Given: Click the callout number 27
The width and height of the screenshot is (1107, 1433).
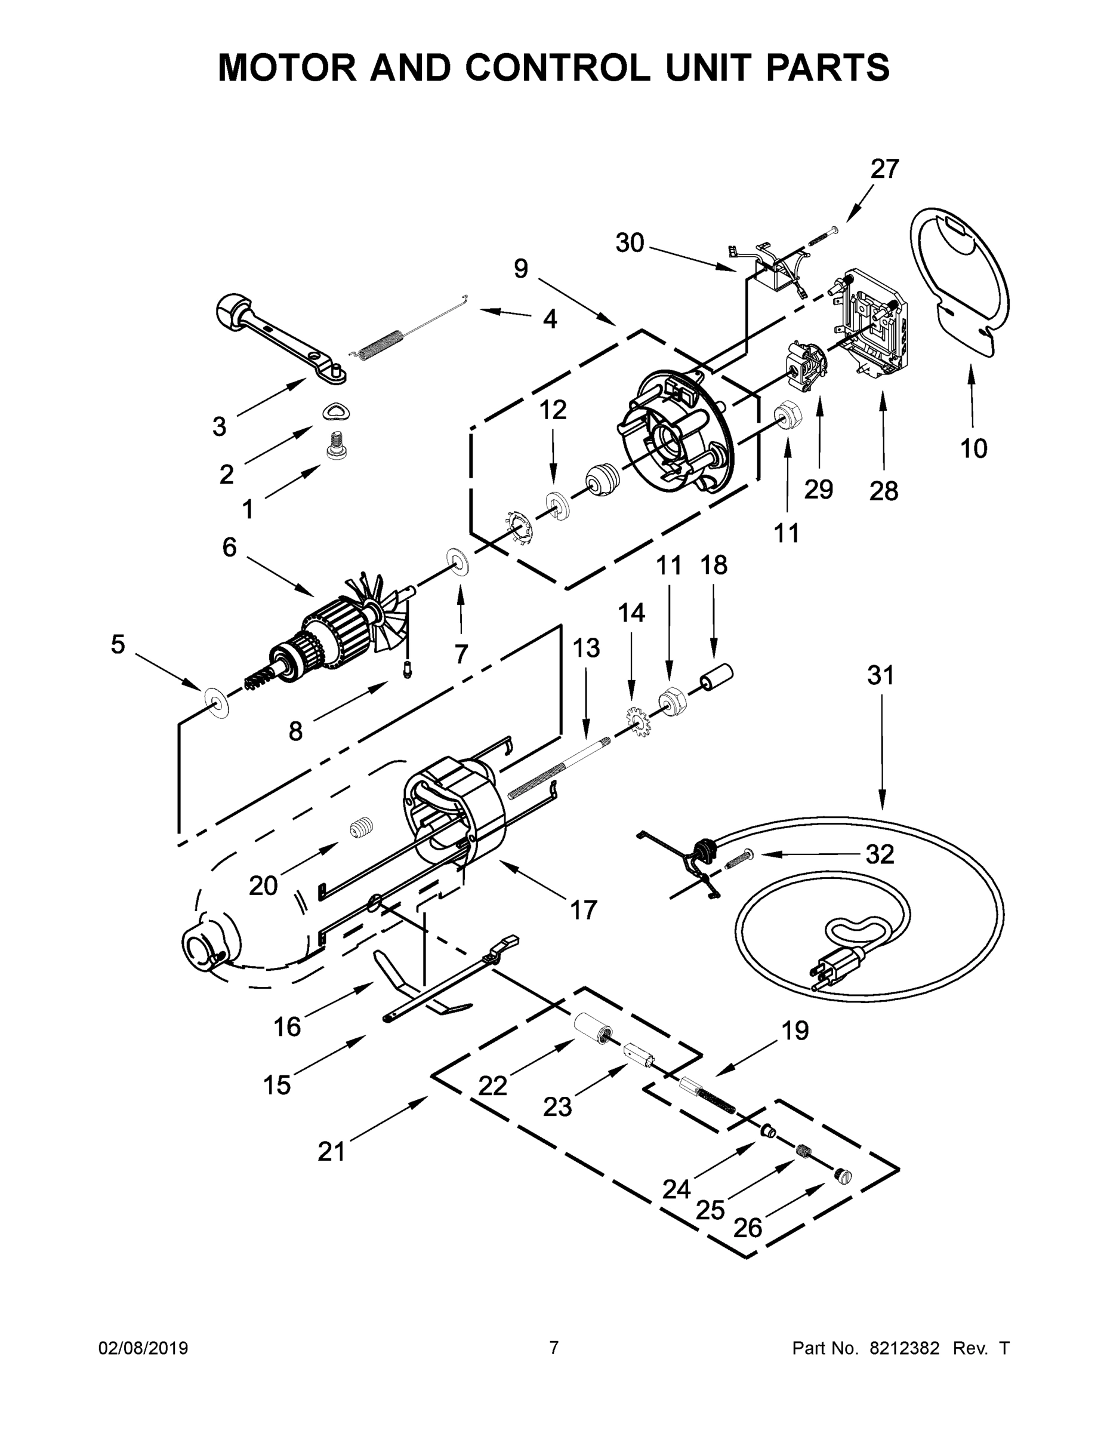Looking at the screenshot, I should (884, 170).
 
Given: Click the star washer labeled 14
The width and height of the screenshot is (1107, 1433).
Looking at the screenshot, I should (636, 722).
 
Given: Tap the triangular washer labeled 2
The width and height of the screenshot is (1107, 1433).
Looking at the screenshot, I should (336, 411).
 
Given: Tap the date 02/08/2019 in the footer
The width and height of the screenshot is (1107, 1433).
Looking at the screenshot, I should (143, 1348).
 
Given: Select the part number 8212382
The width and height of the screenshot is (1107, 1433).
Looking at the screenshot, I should (904, 1348).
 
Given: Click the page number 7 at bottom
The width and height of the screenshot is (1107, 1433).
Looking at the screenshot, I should (554, 1348).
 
